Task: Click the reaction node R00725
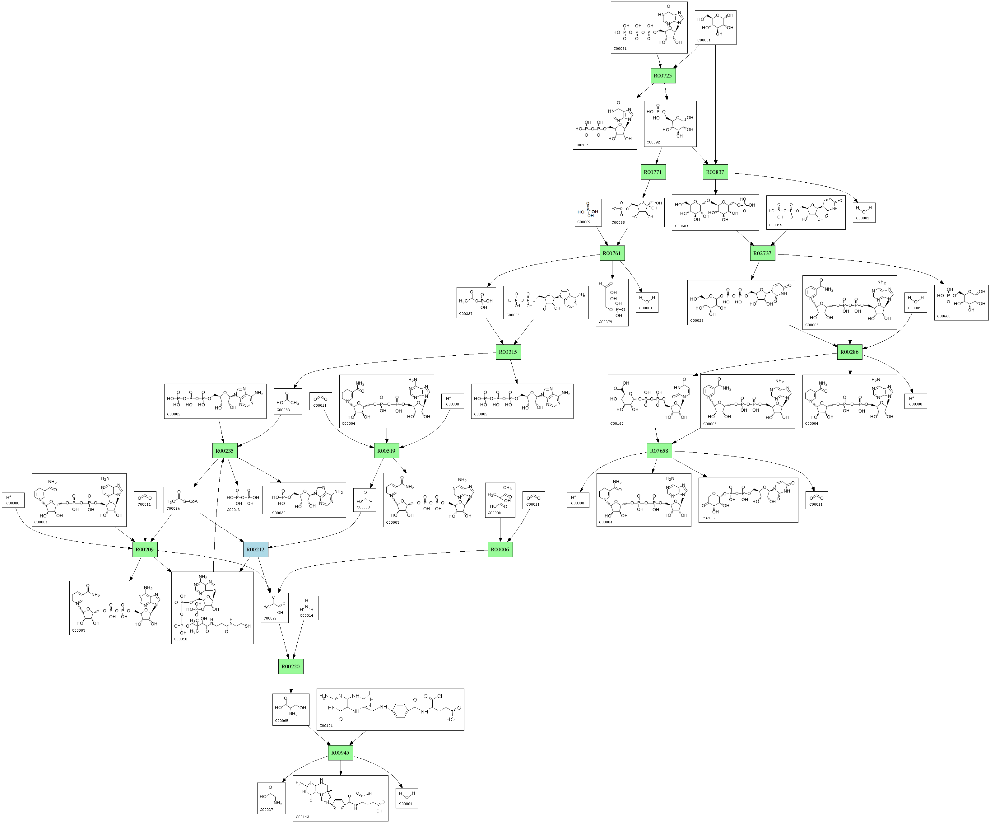663,76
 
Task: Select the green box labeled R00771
653,172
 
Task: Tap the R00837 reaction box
715,172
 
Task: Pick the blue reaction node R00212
256,549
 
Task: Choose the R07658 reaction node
659,451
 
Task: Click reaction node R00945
340,753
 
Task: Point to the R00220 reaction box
290,666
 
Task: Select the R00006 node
500,549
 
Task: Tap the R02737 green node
762,253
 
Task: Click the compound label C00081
620,49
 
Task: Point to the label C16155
708,518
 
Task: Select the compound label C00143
303,816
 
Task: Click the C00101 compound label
326,726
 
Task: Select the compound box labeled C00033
288,401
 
